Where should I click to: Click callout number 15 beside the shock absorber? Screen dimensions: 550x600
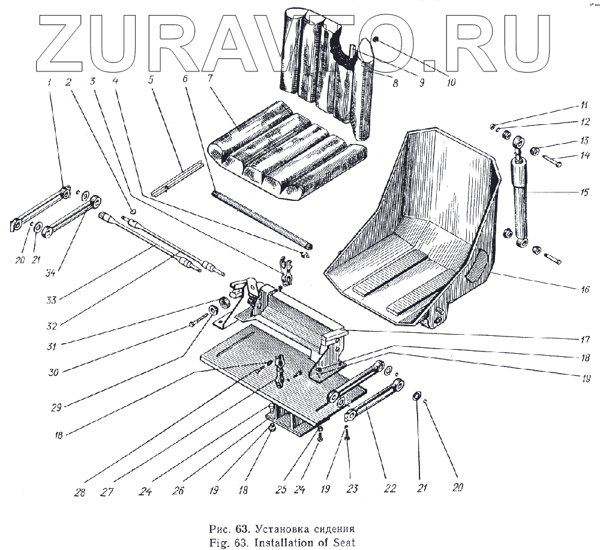pyautogui.click(x=568, y=194)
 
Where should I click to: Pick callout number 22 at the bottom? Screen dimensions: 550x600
pyautogui.click(x=390, y=488)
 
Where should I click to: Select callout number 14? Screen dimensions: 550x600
pyautogui.click(x=568, y=157)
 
